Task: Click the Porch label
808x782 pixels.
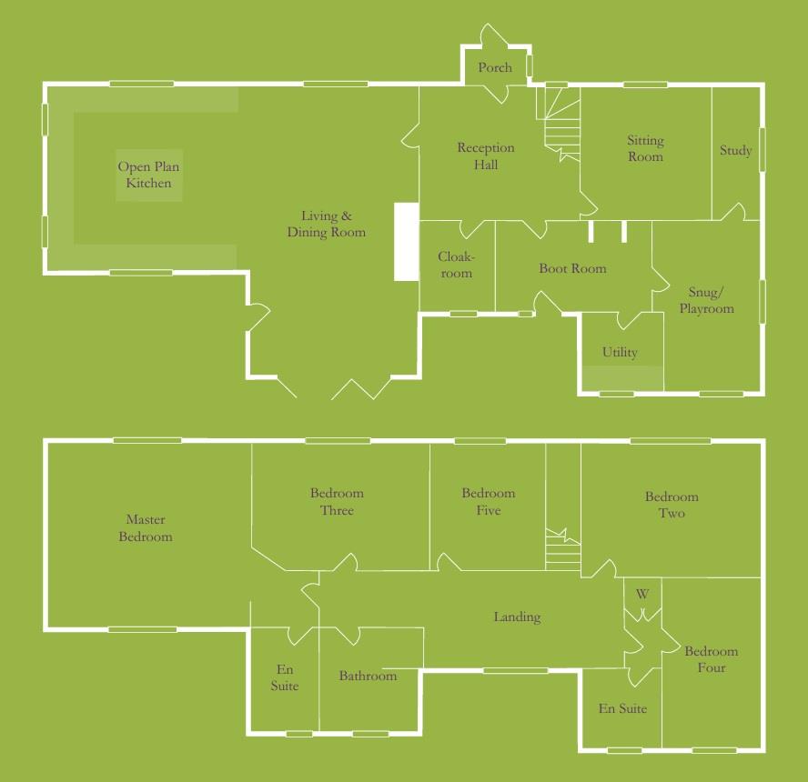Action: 495,67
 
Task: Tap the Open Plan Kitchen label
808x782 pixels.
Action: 148,175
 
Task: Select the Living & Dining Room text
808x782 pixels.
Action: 326,225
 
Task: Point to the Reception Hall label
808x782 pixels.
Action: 486,156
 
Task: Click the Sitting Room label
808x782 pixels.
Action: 645,149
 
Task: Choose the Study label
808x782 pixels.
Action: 735,151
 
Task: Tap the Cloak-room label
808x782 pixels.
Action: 456,266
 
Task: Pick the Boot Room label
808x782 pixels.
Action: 572,269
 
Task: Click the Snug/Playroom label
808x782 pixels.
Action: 706,301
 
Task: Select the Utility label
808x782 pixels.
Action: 620,353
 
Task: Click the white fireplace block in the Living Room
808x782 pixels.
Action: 405,241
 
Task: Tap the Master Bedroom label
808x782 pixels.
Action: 146,528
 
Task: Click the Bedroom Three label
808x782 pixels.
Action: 337,502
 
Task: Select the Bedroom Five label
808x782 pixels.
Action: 488,502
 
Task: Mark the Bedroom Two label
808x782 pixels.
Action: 672,506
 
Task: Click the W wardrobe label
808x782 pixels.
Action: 642,595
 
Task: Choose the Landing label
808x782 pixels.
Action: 517,617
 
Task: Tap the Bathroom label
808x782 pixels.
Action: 368,677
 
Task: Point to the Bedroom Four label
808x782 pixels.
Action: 712,659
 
